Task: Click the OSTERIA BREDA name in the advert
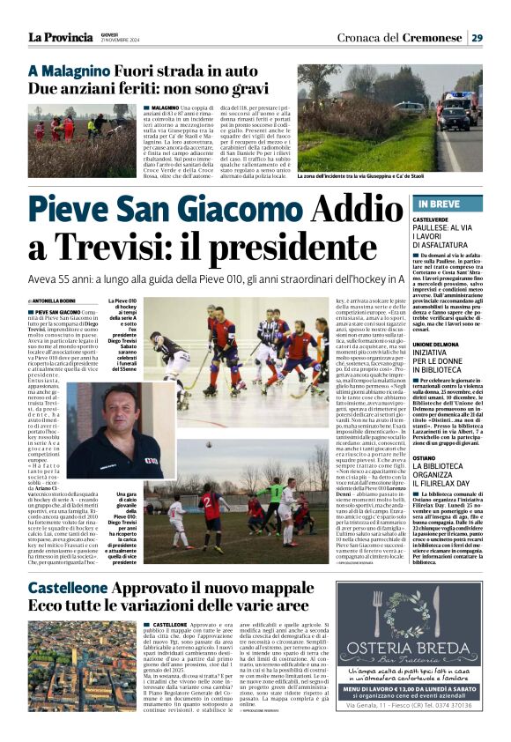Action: [433, 627]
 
